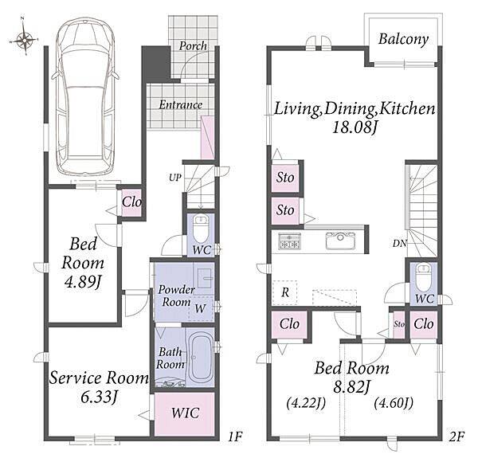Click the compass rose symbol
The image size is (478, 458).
pos(24,39)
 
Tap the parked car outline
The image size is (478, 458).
pos(84,96)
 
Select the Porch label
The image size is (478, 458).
pos(193,46)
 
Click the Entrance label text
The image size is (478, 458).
pos(181,105)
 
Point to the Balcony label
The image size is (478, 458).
pos(403,39)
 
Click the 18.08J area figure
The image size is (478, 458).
pos(355,127)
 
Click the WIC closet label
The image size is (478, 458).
pos(185,413)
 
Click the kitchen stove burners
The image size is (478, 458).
pos(290,241)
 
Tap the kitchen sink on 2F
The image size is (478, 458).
pos(340,241)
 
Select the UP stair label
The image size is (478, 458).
pos(175,178)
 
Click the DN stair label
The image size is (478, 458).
pos(399,243)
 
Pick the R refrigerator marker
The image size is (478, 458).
pos(285,292)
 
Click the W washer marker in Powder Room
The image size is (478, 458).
pos(200,308)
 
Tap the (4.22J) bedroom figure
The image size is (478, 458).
pos(306,403)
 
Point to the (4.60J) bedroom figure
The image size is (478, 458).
pos(394,403)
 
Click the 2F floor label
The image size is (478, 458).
pos(457,436)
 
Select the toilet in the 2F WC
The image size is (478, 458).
pos(424,278)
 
